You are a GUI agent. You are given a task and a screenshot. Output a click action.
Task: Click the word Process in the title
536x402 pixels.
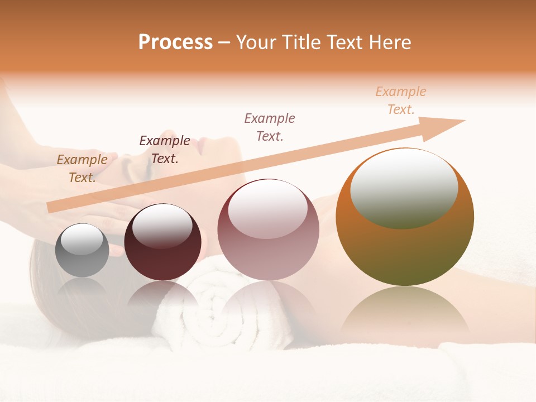point(175,42)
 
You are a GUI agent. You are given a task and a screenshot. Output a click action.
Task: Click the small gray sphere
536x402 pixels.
point(82,250)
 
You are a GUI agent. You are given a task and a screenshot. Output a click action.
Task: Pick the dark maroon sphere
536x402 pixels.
point(162,243)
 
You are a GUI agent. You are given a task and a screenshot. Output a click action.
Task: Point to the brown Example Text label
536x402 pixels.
point(82,168)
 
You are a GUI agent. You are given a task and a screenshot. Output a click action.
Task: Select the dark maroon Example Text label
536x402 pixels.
point(164,149)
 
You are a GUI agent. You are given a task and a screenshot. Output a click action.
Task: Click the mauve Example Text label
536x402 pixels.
point(270,127)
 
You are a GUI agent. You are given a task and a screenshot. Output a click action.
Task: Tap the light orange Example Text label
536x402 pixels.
point(400,100)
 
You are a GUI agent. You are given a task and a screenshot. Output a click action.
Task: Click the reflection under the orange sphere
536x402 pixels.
point(405,313)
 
